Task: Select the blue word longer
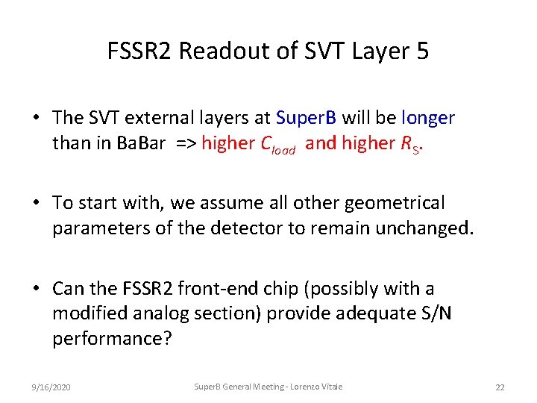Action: (x=428, y=118)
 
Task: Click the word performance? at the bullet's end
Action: (x=112, y=339)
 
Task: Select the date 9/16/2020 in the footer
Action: (x=51, y=387)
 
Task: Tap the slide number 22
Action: (x=500, y=387)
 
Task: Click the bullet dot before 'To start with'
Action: (x=36, y=203)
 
